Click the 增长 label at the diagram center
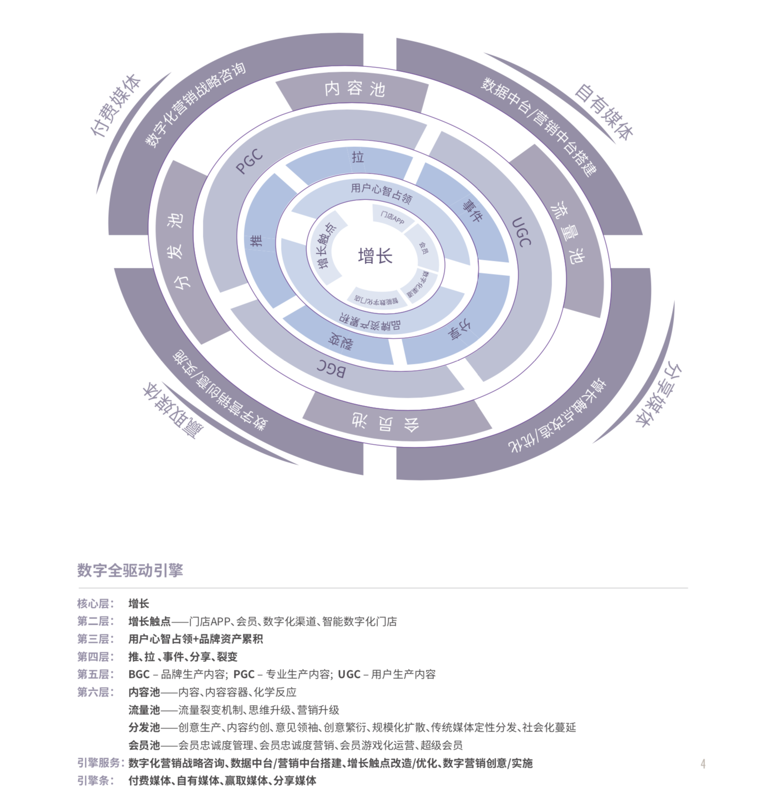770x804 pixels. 375,256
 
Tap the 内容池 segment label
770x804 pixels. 354,88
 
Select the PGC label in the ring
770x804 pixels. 249,162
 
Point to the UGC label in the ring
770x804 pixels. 521,232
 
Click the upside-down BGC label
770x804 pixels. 331,369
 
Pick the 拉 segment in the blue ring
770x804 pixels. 358,157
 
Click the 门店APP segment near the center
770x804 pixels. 392,218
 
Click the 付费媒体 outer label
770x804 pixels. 116,105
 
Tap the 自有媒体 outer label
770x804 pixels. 603,112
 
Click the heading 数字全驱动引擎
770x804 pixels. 130,570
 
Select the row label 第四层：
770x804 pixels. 96,657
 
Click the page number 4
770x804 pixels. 703,764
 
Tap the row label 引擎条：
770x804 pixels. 96,780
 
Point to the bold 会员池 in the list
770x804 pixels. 144,745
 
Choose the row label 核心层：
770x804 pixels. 96,603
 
